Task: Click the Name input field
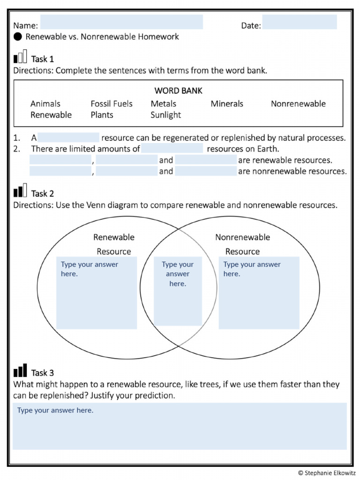click(121, 22)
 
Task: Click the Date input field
click(299, 22)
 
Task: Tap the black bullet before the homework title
click(17, 37)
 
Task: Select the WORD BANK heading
click(178, 91)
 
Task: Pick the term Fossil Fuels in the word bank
click(112, 104)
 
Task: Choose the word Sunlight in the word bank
click(165, 115)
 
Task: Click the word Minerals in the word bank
click(227, 104)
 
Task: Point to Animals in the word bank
click(45, 104)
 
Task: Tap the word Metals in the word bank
click(163, 104)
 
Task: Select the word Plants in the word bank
click(102, 115)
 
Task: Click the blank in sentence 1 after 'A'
click(68, 138)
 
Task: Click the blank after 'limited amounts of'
click(172, 149)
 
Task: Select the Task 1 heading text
click(42, 59)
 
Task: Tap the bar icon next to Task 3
click(20, 371)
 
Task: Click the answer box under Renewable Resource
click(97, 293)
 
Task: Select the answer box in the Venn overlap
click(178, 291)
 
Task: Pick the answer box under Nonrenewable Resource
click(259, 293)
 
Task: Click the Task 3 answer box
click(180, 426)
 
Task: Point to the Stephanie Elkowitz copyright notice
click(327, 472)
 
